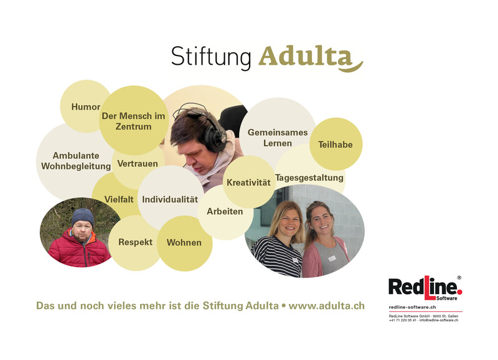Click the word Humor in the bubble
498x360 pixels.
tap(86, 107)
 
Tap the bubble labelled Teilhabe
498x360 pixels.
tap(336, 144)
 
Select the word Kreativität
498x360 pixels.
tap(248, 182)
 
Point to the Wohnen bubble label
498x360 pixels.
tap(184, 243)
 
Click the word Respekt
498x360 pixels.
tap(135, 242)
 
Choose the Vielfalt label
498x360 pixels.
tap(119, 199)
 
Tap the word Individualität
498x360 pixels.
tap(170, 199)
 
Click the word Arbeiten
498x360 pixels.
tap(225, 211)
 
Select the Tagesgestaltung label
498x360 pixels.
tap(309, 178)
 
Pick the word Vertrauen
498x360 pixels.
tap(138, 164)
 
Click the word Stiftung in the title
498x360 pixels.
tap(211, 57)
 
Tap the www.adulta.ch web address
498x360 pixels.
tap(326, 306)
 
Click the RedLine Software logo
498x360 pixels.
tap(425, 288)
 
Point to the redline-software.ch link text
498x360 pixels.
tap(412, 307)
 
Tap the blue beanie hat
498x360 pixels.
tap(83, 217)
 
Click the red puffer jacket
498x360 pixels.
tap(79, 249)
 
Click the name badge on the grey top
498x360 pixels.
tap(332, 258)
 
